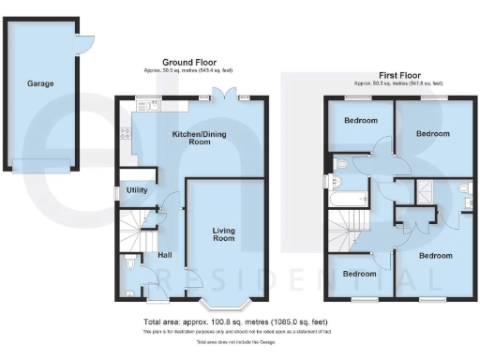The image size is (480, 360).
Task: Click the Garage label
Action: pyautogui.click(x=40, y=83)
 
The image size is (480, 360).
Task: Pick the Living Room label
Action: pyautogui.click(x=222, y=233)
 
